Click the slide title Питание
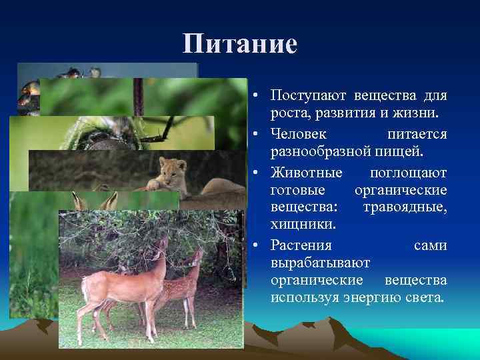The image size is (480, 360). point(240,45)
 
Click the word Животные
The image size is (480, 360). point(307,173)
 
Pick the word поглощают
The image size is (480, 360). point(407,173)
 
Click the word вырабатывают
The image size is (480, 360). point(321,262)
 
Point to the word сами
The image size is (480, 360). point(430,245)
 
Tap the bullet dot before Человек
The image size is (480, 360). point(256,135)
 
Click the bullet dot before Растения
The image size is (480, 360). point(256,246)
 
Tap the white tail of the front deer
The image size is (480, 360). point(85,288)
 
